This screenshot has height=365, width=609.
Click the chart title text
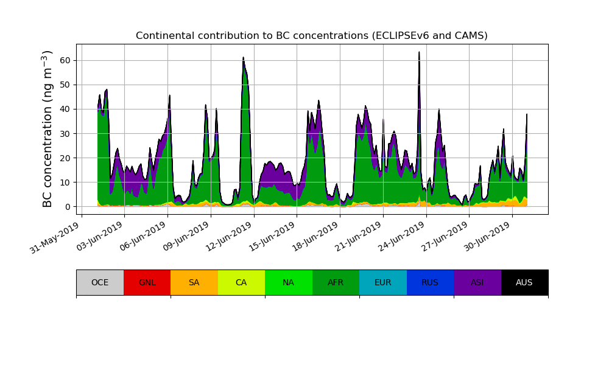[x=311, y=36]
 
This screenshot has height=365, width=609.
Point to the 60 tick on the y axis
[x=65, y=60]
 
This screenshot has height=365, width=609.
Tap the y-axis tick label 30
[x=65, y=133]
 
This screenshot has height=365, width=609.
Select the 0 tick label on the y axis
[x=67, y=207]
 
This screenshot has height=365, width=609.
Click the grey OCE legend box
[x=100, y=282]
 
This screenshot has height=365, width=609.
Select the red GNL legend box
[x=147, y=282]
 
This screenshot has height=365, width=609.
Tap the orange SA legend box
[x=194, y=282]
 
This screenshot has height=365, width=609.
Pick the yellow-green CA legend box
[x=241, y=282]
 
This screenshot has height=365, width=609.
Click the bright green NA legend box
[x=289, y=282]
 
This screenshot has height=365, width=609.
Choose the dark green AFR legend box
[x=336, y=282]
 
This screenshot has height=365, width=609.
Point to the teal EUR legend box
[x=383, y=282]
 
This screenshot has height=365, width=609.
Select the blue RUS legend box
[x=430, y=282]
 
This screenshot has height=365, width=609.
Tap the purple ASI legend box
[x=477, y=282]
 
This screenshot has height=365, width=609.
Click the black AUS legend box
[x=524, y=282]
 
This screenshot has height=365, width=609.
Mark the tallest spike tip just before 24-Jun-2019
[x=419, y=52]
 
